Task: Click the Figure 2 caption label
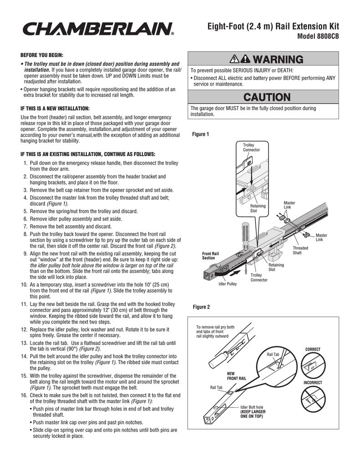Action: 201,307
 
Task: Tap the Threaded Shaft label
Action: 300,250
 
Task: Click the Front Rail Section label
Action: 211,256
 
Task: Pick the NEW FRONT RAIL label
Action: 237,376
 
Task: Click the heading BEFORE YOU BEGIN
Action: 42,55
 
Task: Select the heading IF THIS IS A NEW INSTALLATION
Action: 55,109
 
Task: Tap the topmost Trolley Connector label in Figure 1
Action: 251,147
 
